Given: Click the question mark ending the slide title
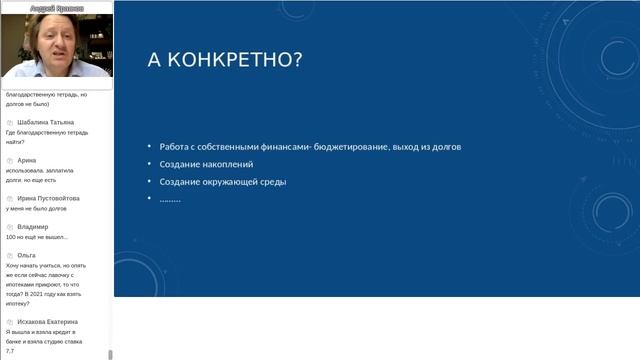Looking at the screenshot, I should click(297, 59).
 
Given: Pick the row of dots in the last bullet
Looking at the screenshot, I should click(170, 198).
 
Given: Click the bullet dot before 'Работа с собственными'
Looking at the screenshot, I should click(149, 147).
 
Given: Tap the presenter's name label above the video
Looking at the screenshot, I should click(56, 7).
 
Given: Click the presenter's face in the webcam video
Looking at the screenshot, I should click(50, 45).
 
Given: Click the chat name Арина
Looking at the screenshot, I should click(27, 160).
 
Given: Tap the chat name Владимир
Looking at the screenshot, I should click(33, 227).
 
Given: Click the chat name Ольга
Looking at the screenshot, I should click(27, 255).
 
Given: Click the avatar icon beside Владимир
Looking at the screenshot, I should click(9, 227).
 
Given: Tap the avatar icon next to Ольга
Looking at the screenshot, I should click(9, 255).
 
